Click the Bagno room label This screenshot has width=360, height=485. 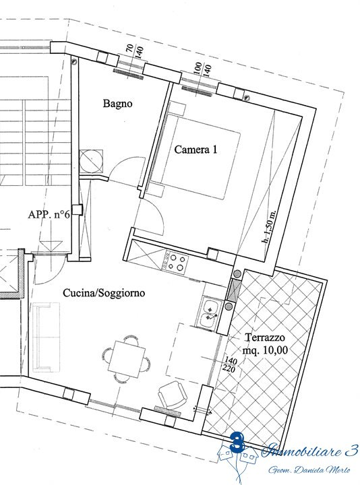117,104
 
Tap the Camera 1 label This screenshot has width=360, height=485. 196,150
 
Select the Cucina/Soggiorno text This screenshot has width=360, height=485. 104,292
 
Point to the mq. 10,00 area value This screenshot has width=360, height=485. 265,350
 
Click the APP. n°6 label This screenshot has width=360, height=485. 49,214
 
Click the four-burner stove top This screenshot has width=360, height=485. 175,262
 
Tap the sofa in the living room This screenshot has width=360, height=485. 45,337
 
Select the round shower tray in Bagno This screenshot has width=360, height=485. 91,160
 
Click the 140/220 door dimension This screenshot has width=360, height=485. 231,365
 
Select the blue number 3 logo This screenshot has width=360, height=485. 238,443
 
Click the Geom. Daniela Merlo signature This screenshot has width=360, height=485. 309,470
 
